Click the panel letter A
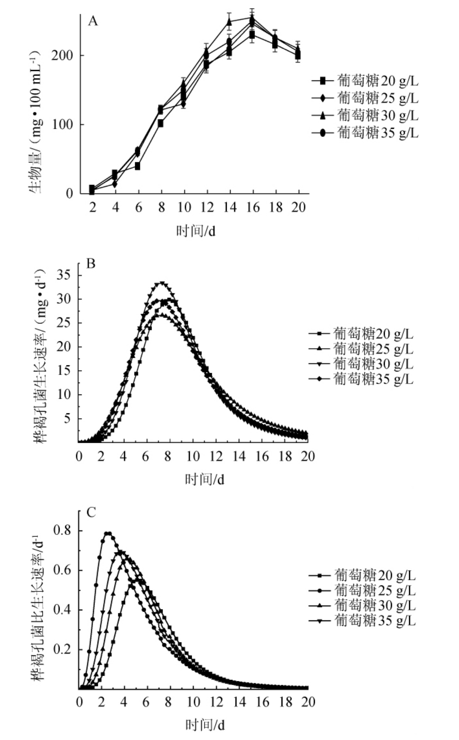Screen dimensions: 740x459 click(92, 21)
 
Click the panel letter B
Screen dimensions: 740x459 click(91, 264)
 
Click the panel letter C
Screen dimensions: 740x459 click(91, 512)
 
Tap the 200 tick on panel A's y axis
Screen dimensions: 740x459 click(62, 56)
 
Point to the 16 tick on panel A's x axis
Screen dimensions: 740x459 click(253, 207)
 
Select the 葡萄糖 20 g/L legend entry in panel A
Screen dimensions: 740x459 click(365, 81)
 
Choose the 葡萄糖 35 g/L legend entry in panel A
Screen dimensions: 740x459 click(365, 132)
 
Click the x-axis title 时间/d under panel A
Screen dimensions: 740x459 click(196, 231)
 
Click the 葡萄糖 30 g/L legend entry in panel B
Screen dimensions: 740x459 click(361, 364)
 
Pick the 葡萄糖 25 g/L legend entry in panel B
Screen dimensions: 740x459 click(361, 349)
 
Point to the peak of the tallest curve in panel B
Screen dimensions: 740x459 click(162, 283)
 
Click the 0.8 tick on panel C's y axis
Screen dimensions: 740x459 click(63, 530)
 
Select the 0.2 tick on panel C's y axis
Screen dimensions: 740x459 click(63, 650)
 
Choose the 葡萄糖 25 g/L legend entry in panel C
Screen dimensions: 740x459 click(363, 591)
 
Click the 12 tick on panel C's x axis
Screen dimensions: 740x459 click(216, 702)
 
